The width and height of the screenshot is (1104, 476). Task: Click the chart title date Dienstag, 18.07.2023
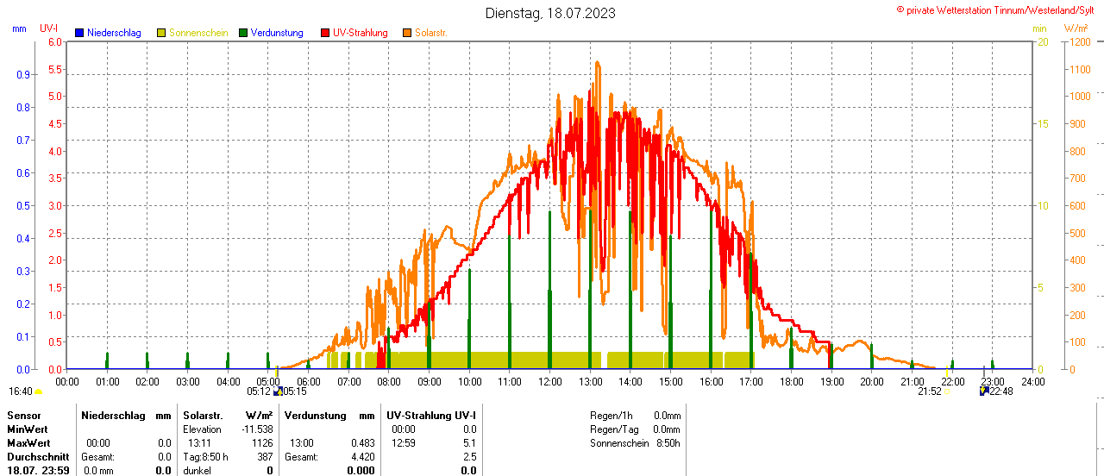[x=550, y=13]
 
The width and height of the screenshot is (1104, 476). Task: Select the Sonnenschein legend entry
[x=198, y=33]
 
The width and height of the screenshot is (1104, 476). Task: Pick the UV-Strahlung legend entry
[x=360, y=33]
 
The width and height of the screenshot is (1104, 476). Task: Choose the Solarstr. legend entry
[x=430, y=33]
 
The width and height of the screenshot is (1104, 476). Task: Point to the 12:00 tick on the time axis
[x=549, y=381]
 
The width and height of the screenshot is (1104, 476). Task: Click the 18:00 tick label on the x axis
[x=791, y=381]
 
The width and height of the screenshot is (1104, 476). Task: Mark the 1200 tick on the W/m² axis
[x=1079, y=41]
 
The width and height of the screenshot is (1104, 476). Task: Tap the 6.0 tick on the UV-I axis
[x=55, y=41]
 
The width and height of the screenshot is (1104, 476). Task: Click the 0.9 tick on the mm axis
[x=22, y=74]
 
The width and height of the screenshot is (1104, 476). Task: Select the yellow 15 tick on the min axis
[x=1043, y=123]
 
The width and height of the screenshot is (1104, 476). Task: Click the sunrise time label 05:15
[x=294, y=391]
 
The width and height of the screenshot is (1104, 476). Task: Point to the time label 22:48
[x=1000, y=391]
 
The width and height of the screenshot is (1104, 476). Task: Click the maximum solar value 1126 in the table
[x=261, y=443]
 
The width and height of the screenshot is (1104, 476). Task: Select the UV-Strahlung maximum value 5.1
[x=469, y=443]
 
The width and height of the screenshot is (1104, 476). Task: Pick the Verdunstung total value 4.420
[x=362, y=457]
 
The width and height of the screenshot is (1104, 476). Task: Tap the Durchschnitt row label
[x=38, y=457]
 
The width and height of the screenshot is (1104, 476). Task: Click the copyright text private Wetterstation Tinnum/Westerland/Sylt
[x=1000, y=10]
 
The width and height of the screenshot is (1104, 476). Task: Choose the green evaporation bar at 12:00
[x=549, y=293]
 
